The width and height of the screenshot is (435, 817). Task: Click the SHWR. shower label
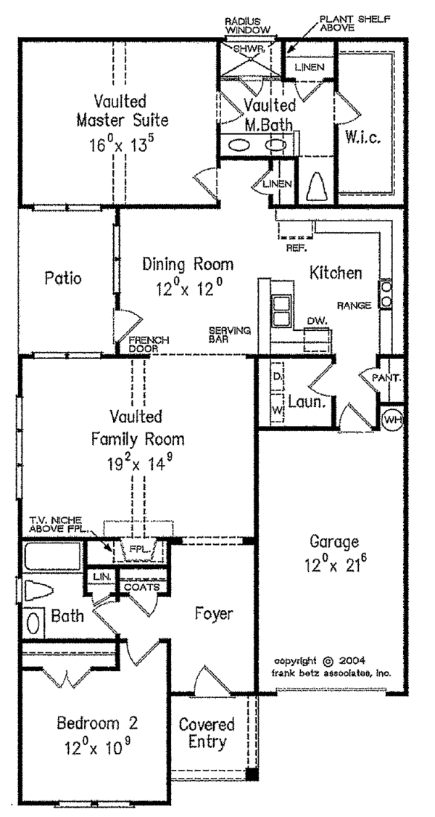(248, 49)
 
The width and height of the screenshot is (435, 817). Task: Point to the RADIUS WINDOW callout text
(248, 25)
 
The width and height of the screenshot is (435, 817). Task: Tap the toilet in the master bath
(316, 189)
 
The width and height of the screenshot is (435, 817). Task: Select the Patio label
(62, 279)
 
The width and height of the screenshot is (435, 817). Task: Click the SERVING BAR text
(228, 334)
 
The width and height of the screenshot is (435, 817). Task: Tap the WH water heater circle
(391, 419)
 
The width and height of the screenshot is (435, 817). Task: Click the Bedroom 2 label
(98, 723)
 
